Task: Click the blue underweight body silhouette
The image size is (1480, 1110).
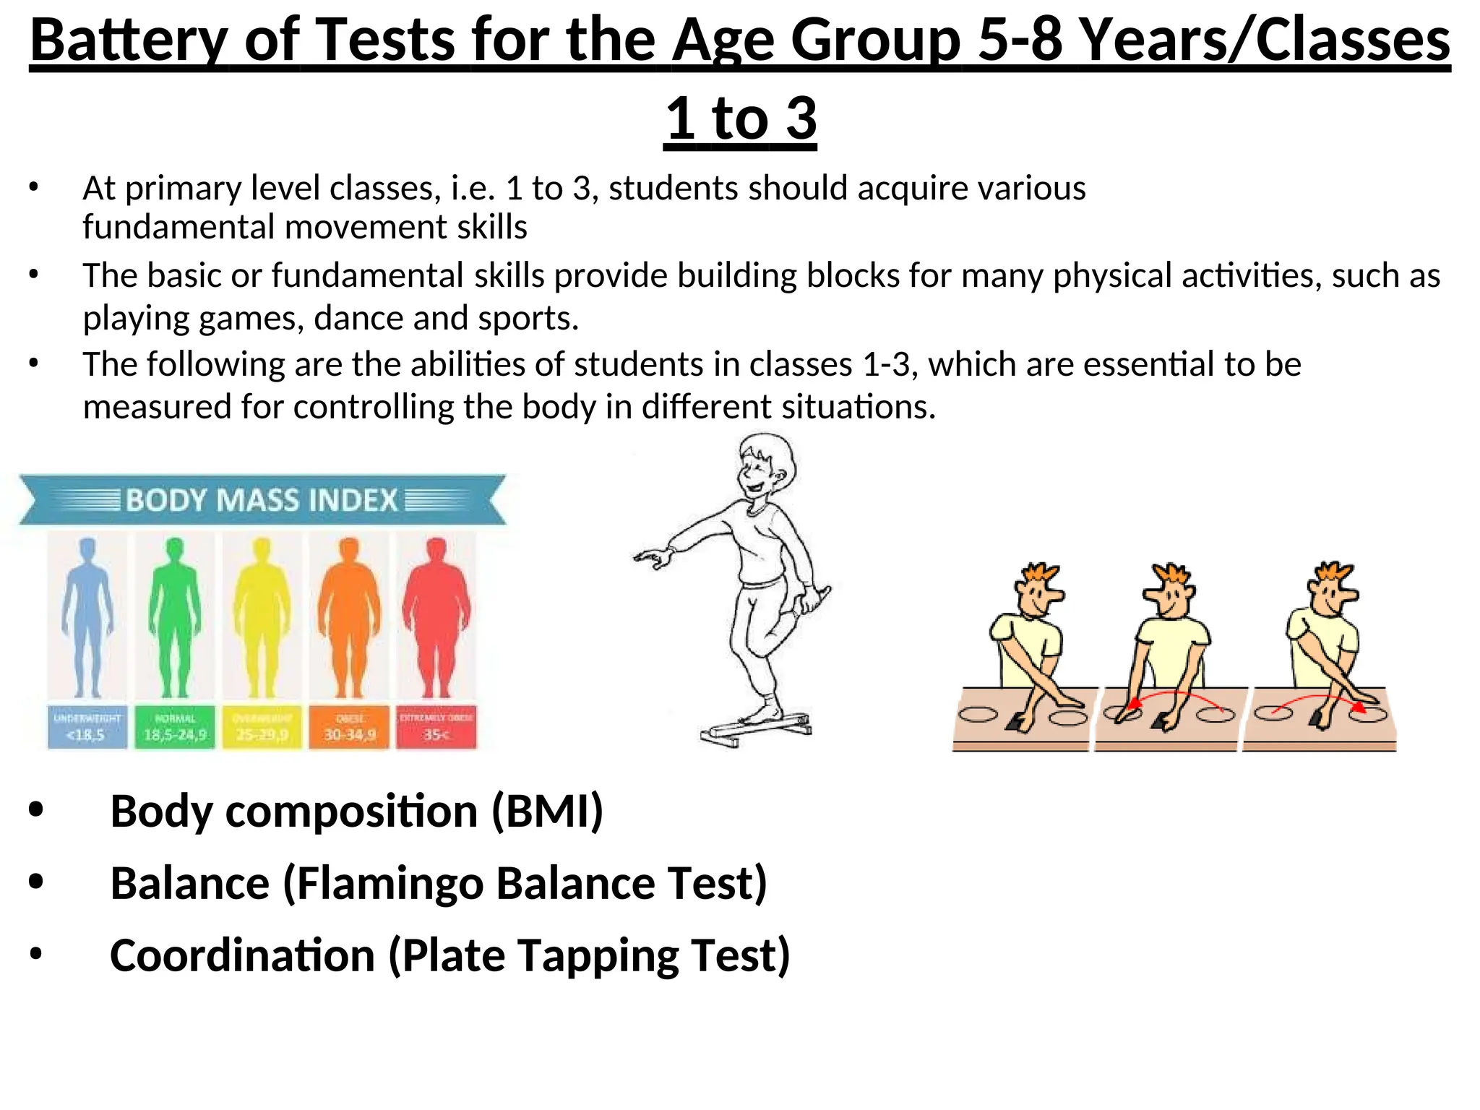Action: point(87,614)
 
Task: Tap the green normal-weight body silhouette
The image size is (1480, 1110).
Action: point(174,614)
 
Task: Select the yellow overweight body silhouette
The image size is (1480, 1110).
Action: point(262,614)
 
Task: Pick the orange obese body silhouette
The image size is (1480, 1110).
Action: point(349,614)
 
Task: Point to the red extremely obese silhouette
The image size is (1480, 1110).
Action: point(436,614)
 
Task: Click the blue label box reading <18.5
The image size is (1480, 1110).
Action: point(87,727)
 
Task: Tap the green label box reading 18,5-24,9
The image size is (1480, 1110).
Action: point(175,727)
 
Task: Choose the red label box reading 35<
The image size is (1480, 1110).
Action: point(436,727)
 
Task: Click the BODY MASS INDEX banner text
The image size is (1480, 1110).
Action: point(262,500)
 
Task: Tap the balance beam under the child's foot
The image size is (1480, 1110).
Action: point(755,728)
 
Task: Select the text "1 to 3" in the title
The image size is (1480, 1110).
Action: point(740,119)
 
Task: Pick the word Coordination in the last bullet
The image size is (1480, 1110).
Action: point(242,956)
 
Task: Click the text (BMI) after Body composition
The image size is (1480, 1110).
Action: point(547,812)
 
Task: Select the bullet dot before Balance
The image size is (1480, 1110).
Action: point(36,882)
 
